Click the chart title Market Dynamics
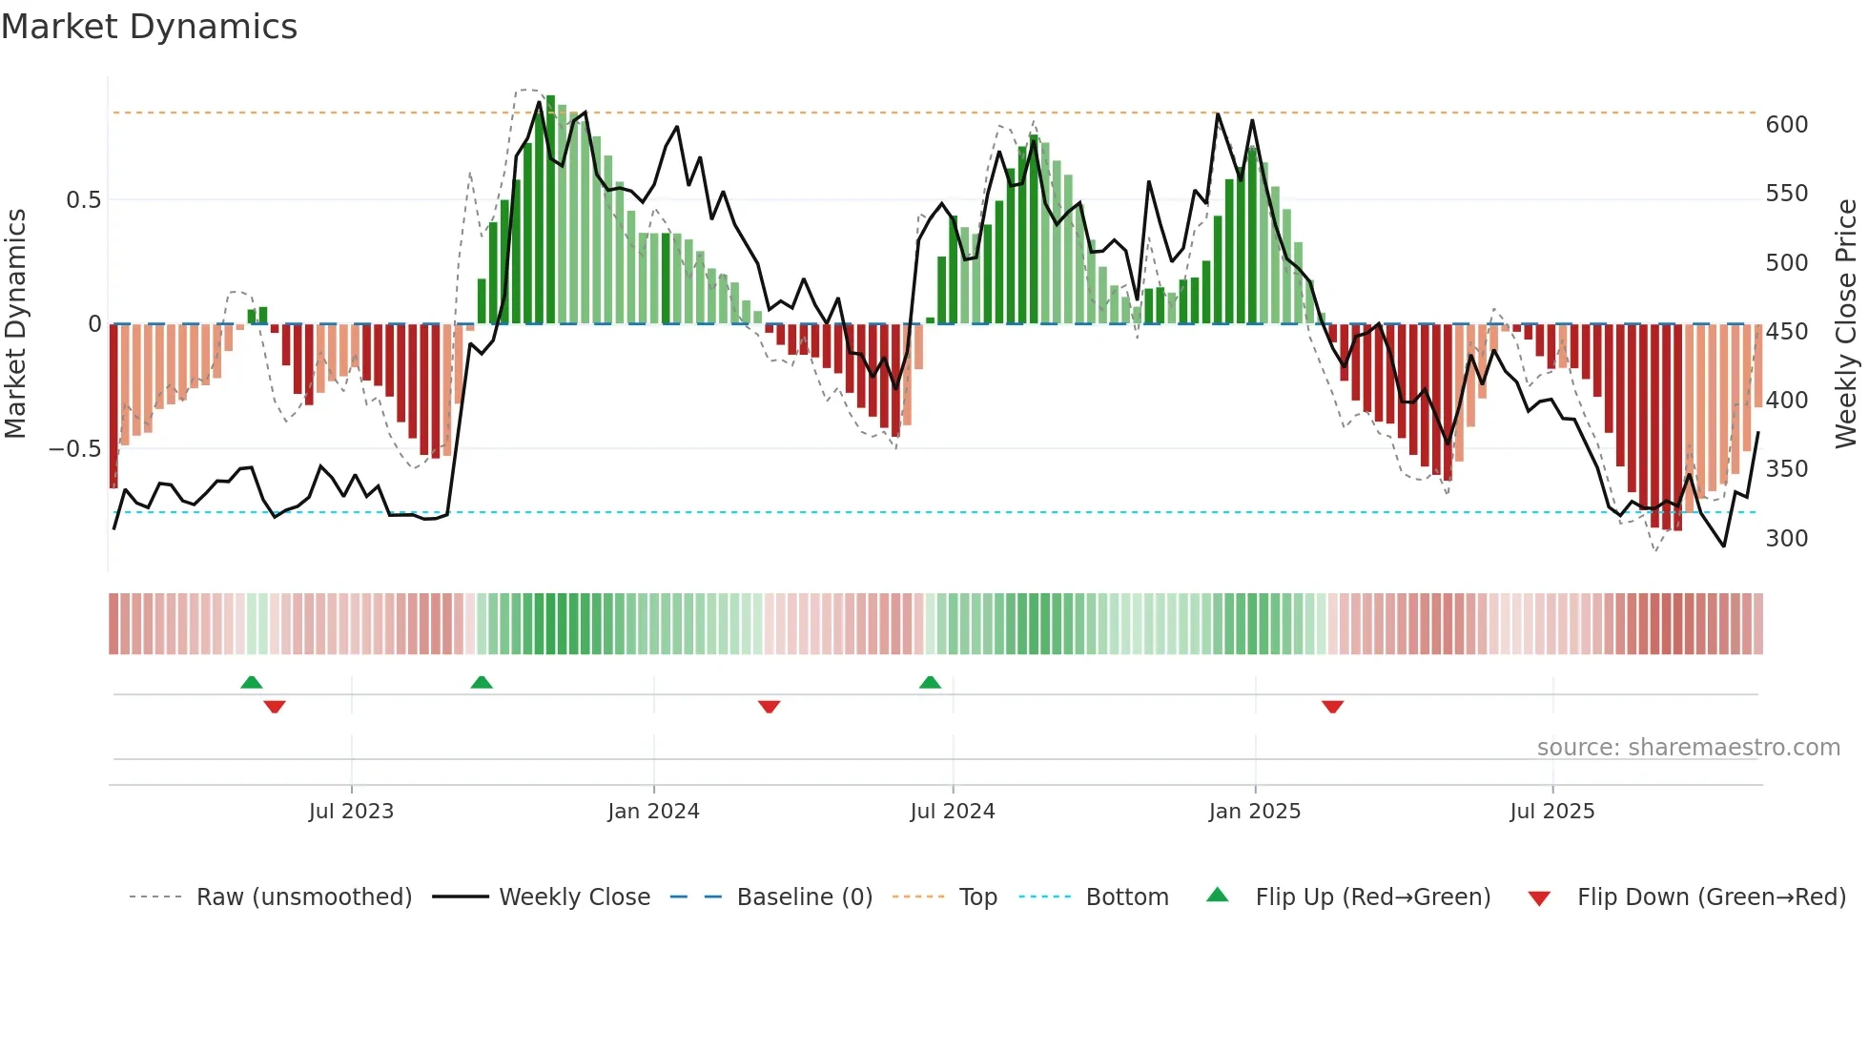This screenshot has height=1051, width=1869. (x=150, y=27)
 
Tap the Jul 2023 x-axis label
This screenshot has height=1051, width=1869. (x=351, y=812)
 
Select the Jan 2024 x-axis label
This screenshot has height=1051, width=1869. (x=653, y=812)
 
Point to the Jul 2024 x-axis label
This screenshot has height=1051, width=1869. (x=953, y=812)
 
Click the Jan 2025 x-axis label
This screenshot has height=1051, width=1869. (x=1254, y=812)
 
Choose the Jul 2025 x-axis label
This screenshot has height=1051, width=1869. (x=1552, y=812)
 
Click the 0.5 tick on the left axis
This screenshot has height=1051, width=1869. (x=83, y=200)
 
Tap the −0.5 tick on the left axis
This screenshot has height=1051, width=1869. (x=74, y=449)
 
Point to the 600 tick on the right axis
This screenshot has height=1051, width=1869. (x=1787, y=125)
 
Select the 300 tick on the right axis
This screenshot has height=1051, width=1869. (x=1787, y=539)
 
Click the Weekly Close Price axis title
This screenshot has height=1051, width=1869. (x=1847, y=324)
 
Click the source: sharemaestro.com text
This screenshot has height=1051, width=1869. (x=1688, y=748)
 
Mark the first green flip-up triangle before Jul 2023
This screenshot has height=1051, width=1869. (x=252, y=683)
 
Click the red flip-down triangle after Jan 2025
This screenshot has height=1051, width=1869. (x=1332, y=707)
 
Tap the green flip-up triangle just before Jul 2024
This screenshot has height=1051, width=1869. (x=930, y=683)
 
